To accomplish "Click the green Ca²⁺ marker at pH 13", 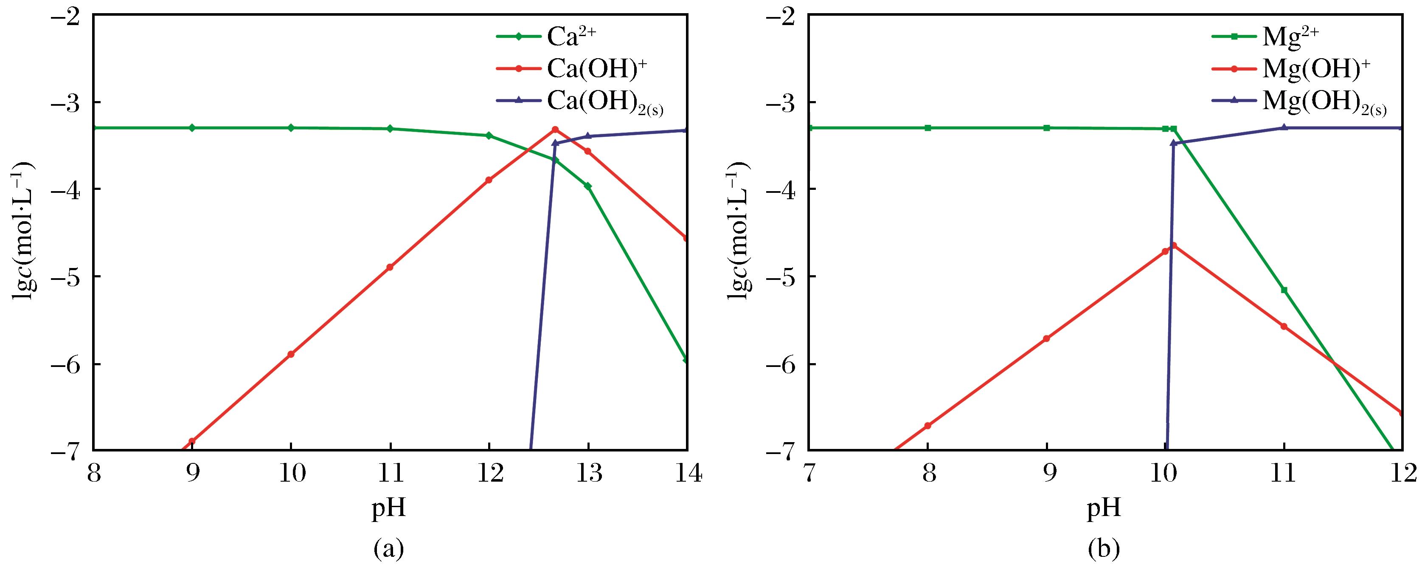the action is [x=588, y=186].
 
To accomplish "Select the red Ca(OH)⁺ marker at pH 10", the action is [x=291, y=354].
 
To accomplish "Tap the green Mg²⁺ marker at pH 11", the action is [x=1284, y=290].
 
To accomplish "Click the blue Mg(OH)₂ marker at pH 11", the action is [x=1284, y=127].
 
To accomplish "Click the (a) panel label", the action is [x=389, y=549].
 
